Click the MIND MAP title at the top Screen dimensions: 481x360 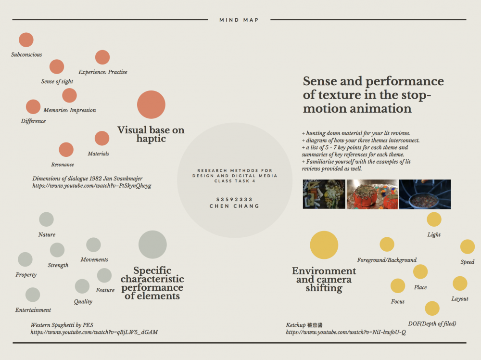(239, 20)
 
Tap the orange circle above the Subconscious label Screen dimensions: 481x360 (26, 40)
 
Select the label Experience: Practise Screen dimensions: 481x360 (103, 72)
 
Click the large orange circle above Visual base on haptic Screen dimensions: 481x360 (151, 104)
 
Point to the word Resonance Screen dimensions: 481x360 (63, 165)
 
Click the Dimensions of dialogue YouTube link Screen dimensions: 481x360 (92, 186)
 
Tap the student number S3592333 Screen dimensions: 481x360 (234, 199)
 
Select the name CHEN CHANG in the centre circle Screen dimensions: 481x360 (234, 206)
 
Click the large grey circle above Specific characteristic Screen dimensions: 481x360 (152, 244)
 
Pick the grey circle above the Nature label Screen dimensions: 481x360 (46, 219)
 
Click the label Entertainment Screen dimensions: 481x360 (33, 310)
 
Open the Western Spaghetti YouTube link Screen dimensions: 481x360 (94, 332)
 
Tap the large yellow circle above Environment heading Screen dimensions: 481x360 (324, 245)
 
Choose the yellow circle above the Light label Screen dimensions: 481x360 (434, 219)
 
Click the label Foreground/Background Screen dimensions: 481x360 (387, 260)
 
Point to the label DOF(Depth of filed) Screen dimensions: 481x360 (432, 323)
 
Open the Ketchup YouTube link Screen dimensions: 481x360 (346, 332)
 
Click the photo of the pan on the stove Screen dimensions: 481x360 (425, 194)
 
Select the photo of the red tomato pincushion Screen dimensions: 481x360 (372, 194)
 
